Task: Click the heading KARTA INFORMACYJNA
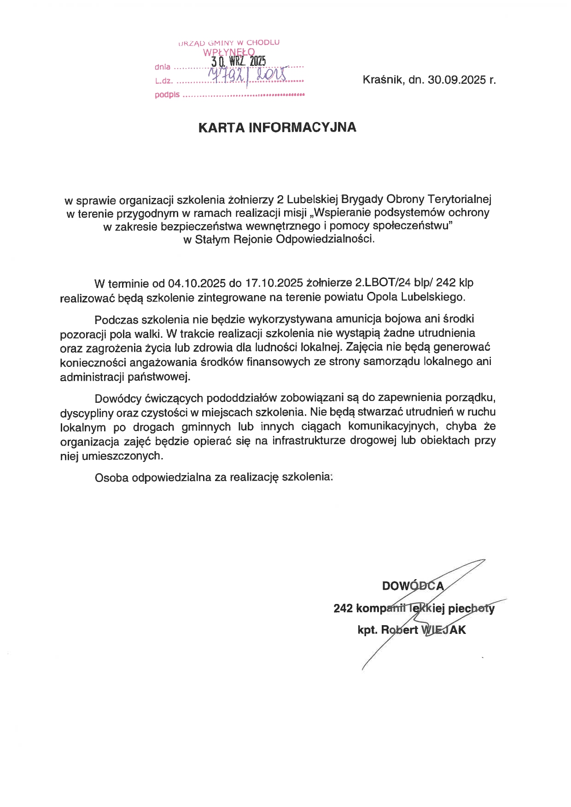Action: [277, 128]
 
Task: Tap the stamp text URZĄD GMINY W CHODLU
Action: [229, 43]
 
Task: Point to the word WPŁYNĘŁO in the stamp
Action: [229, 52]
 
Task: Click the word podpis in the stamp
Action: [167, 95]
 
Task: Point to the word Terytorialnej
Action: [460, 199]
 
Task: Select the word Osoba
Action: [111, 477]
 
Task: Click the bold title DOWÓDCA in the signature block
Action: [413, 586]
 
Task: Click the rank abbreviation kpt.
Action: [367, 630]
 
